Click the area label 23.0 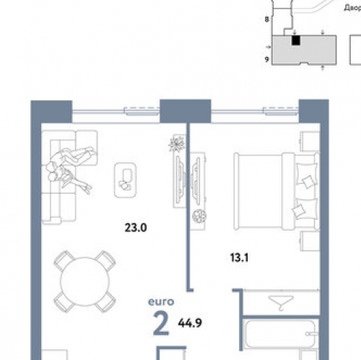click(136, 228)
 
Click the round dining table click(85, 280)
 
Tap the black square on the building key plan click(295, 41)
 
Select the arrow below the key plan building click(322, 69)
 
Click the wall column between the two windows click(174, 112)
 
